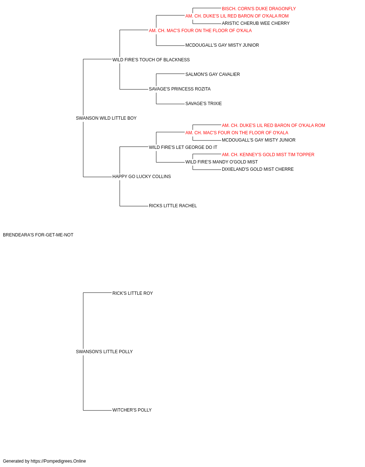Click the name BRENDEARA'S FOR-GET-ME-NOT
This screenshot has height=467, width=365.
pos(38,235)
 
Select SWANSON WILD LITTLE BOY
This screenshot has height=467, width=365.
pos(106,118)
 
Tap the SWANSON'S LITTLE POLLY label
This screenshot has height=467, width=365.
pos(104,352)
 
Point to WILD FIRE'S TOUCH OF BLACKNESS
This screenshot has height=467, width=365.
pos(151,60)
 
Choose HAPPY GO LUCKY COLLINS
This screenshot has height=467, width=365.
pos(142,177)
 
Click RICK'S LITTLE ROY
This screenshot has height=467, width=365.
pos(132,293)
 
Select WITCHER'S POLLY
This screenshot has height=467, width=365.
pos(132,410)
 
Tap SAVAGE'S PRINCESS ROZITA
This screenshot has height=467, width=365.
pos(180,89)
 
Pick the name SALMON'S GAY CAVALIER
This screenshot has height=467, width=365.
pos(212,74)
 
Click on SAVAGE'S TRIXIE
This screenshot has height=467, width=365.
pos(203,104)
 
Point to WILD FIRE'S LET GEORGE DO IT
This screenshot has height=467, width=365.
pos(183,147)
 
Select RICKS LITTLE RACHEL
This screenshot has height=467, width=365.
pos(173,206)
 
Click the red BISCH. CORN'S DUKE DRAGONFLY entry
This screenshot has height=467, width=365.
pos(259,9)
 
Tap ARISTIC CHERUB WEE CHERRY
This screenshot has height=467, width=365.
pos(255,23)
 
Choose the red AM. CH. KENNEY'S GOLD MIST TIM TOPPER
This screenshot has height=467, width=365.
pos(268,155)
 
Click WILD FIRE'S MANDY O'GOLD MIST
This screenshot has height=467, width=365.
pos(222,162)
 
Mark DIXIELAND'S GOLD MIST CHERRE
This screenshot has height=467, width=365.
pos(258,169)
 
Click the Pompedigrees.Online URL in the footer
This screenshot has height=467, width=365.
pos(58,461)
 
